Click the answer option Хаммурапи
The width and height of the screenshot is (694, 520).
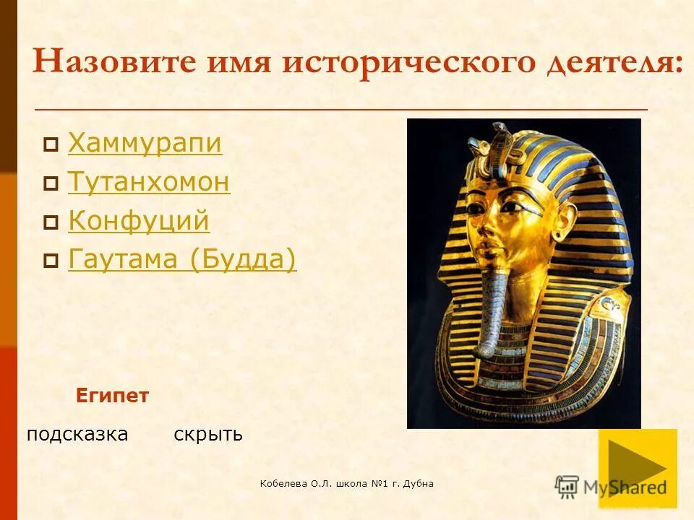145,144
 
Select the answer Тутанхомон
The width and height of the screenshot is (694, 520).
149,182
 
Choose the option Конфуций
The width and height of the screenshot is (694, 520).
139,220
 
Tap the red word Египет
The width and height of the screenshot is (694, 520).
112,396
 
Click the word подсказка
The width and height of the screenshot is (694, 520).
77,434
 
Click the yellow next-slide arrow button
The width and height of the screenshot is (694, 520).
638,468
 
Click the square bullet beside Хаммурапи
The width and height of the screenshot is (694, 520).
51,146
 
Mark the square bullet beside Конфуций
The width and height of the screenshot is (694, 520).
51,222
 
